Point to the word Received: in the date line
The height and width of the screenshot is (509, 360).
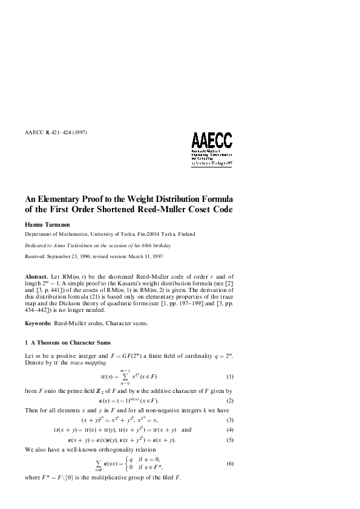[36, 256]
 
